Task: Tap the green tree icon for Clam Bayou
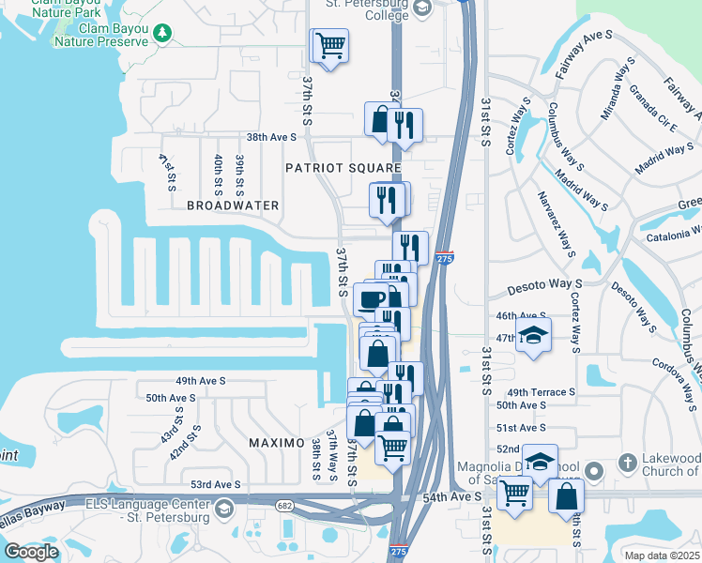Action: tap(164, 34)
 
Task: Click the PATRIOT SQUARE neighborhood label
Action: tap(343, 167)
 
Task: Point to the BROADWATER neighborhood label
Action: tap(233, 205)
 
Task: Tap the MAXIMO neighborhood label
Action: tap(276, 442)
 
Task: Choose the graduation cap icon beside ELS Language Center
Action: tap(223, 509)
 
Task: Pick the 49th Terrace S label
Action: tap(540, 392)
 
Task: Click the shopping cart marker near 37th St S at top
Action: tap(329, 46)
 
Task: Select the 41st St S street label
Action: tap(168, 172)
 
